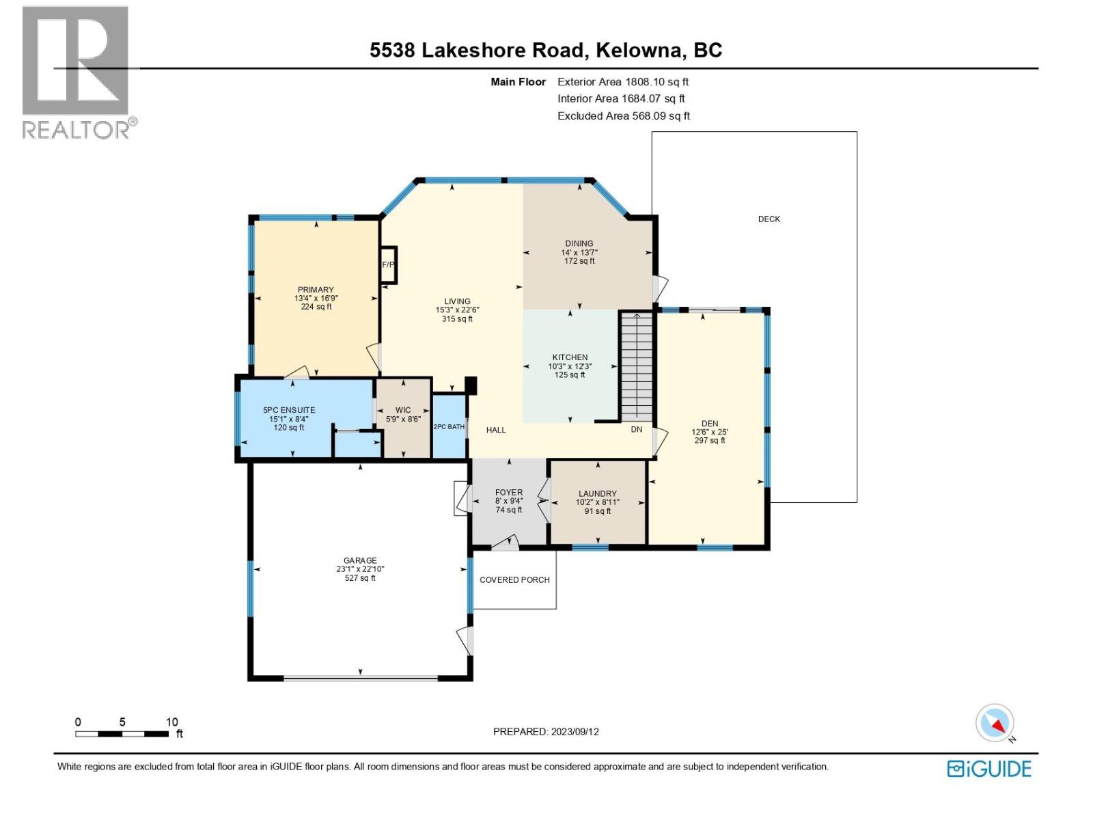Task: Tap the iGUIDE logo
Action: pyautogui.click(x=988, y=769)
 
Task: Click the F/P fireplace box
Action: pyautogui.click(x=387, y=264)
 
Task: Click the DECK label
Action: pyautogui.click(x=769, y=219)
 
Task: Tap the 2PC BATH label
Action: pyautogui.click(x=449, y=427)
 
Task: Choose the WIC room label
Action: pyautogui.click(x=403, y=411)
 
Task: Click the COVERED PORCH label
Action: pyautogui.click(x=514, y=580)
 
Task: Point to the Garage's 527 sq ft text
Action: pyautogui.click(x=360, y=578)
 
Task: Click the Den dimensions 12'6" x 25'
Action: pyautogui.click(x=710, y=432)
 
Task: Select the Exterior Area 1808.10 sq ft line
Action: pyautogui.click(x=622, y=82)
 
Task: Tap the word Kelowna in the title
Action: pyautogui.click(x=639, y=51)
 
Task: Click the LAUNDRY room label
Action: pyautogui.click(x=597, y=493)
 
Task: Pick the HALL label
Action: pyautogui.click(x=496, y=430)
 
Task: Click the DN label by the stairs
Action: pyautogui.click(x=636, y=430)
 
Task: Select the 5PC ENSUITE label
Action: pyautogui.click(x=289, y=411)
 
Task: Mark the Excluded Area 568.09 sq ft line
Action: pyautogui.click(x=623, y=116)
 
